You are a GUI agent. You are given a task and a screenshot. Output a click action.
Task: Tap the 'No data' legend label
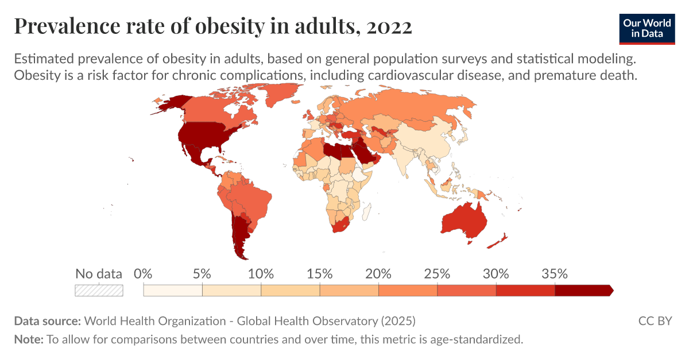99,273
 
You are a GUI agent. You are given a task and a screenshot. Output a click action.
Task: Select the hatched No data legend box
99,290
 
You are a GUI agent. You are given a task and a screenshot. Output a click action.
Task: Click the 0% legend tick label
143,273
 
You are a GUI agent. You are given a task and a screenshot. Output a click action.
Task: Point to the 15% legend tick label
320,273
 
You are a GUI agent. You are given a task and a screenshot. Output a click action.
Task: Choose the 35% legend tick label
555,273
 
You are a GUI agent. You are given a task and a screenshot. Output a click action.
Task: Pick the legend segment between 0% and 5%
173,290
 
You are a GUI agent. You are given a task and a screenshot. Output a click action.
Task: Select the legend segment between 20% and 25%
408,290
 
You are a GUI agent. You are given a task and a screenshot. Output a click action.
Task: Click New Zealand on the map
497,241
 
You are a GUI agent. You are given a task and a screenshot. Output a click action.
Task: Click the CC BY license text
655,320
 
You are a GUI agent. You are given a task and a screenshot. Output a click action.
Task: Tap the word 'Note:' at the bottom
29,339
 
